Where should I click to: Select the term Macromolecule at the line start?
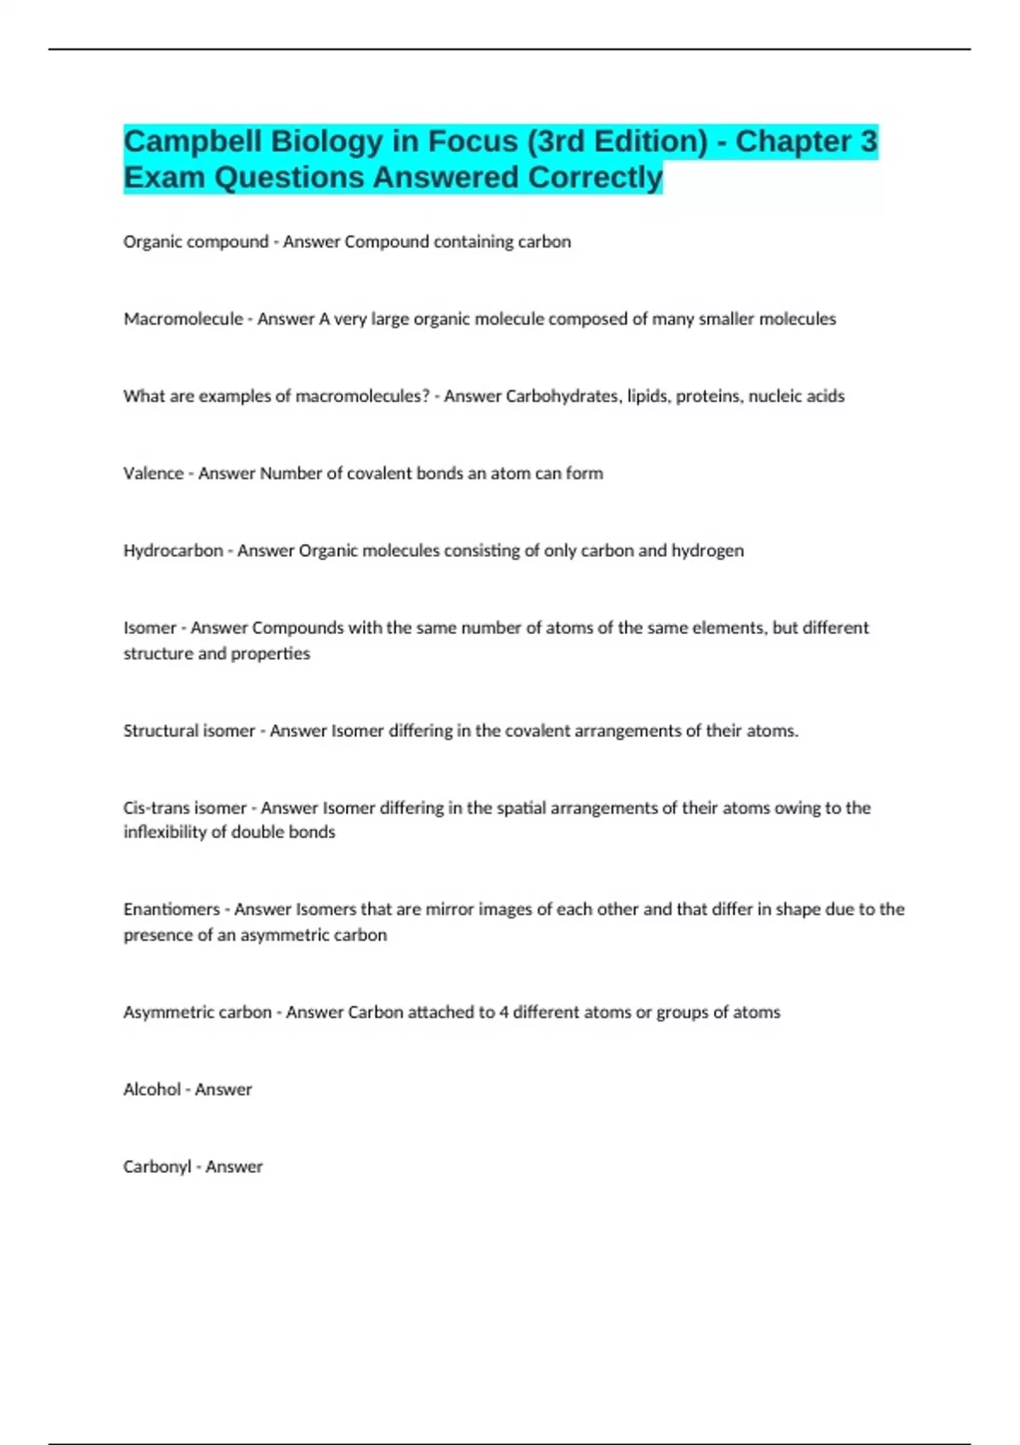pos(183,319)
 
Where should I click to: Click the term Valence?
pos(153,473)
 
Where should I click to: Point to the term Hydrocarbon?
pos(173,551)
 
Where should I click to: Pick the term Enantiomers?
pos(171,909)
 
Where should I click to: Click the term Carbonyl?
pos(157,1167)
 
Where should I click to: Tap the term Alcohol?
pos(151,1090)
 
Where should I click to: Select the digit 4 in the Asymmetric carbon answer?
pos(503,1012)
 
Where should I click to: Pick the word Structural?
pos(157,731)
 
